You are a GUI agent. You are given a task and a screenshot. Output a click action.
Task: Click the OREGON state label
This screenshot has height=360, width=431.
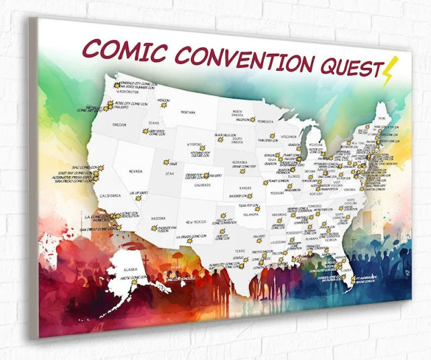click(x=119, y=125)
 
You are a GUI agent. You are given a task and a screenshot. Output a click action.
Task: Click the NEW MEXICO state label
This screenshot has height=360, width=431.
click(x=196, y=222)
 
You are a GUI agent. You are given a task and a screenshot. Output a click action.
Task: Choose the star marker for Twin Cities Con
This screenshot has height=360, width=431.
click(x=261, y=142)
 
